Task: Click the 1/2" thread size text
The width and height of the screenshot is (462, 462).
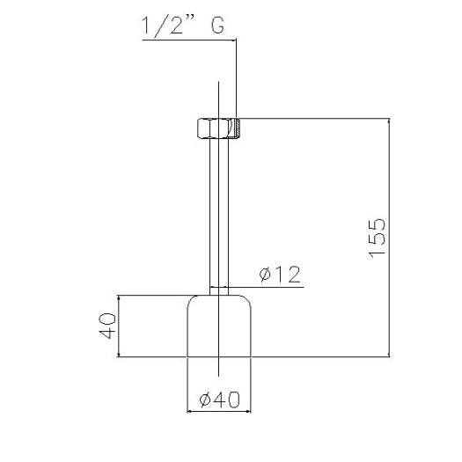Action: [168, 26]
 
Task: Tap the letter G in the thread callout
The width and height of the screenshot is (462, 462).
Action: [218, 26]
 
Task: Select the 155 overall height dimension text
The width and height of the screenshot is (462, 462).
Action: [377, 238]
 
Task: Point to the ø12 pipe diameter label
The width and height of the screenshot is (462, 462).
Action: [280, 275]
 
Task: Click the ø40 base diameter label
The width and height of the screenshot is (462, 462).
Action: [219, 400]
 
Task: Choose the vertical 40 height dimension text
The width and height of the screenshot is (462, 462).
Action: [107, 326]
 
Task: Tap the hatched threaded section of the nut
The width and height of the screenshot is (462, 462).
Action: [238, 128]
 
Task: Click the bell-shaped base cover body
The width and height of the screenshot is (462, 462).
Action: [219, 326]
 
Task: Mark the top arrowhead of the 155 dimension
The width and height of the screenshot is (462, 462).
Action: [390, 121]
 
